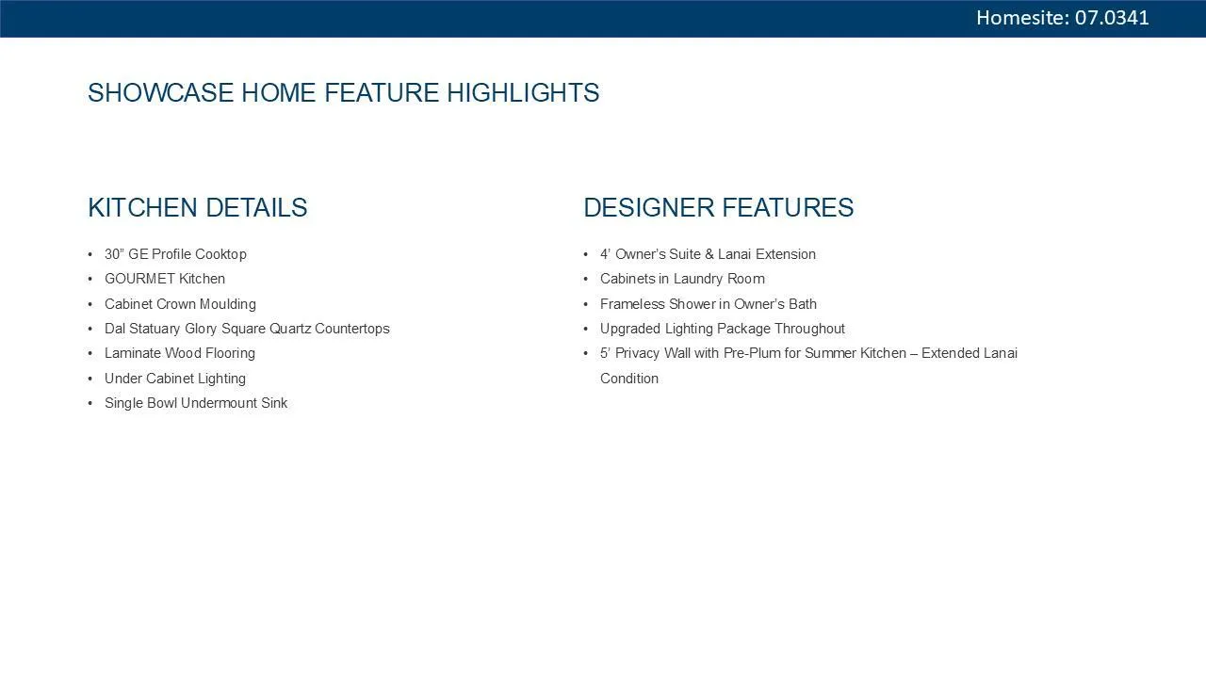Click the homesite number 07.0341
coord(1112,18)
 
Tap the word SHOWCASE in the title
coord(161,92)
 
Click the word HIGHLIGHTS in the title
coord(523,92)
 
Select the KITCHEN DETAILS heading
coord(198,208)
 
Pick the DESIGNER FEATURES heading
coord(719,208)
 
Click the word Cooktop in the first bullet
coord(220,254)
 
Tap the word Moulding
coord(228,304)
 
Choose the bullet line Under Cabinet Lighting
coord(175,379)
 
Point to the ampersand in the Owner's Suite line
coord(709,254)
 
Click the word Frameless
coord(632,304)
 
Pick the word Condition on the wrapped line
coord(629,379)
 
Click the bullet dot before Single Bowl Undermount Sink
coord(90,403)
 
